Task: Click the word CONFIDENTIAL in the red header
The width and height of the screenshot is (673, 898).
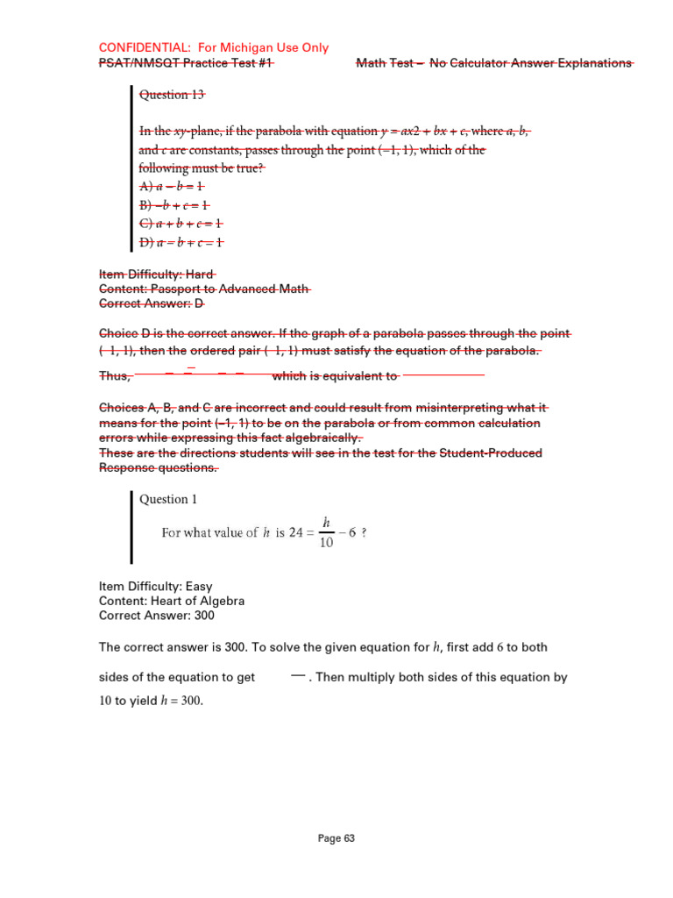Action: (x=138, y=47)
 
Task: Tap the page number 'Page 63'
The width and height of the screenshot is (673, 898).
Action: (x=336, y=838)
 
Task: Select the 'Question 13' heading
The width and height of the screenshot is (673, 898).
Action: (x=173, y=95)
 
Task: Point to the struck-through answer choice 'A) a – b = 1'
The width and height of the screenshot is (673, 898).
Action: (x=172, y=187)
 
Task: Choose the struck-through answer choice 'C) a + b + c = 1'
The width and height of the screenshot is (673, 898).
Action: (x=181, y=224)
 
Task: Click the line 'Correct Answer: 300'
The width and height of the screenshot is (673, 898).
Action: (x=157, y=616)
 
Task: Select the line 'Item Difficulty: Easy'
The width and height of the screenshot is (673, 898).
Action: (x=156, y=586)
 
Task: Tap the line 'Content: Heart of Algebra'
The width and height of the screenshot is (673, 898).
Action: (x=172, y=601)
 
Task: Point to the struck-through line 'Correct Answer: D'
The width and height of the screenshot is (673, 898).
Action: (x=152, y=303)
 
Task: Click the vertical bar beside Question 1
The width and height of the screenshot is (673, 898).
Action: (x=132, y=526)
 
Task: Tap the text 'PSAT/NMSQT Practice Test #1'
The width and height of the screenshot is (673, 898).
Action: (x=186, y=63)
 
